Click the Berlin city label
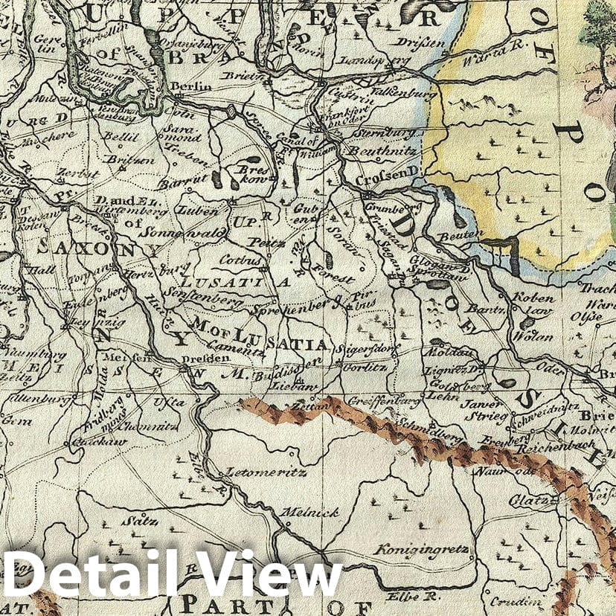coord(191,87)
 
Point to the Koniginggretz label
coord(421,551)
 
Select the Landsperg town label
coord(366,59)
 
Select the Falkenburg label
coord(396,86)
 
